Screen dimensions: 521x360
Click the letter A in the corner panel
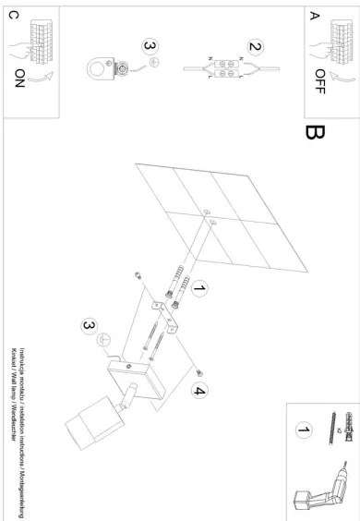click(x=317, y=15)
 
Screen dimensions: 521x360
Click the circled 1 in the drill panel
click(x=302, y=430)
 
